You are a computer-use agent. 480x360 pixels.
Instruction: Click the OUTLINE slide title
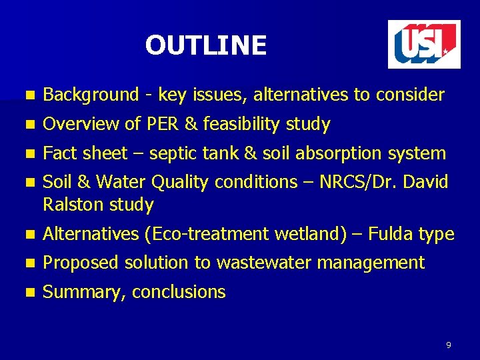pyautogui.click(x=205, y=45)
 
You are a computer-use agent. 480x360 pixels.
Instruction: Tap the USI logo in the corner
pyautogui.click(x=424, y=44)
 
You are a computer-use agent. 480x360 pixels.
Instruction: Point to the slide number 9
pyautogui.click(x=449, y=345)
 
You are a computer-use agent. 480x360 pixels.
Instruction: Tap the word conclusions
pyautogui.click(x=179, y=292)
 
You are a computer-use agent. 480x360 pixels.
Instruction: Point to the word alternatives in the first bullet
pyautogui.click(x=301, y=95)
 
